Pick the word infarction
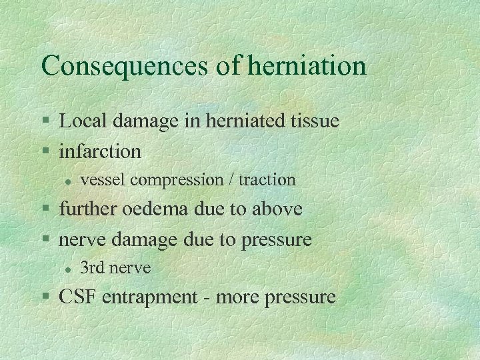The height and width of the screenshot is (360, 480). [100, 151]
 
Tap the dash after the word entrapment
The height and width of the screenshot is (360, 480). [208, 298]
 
